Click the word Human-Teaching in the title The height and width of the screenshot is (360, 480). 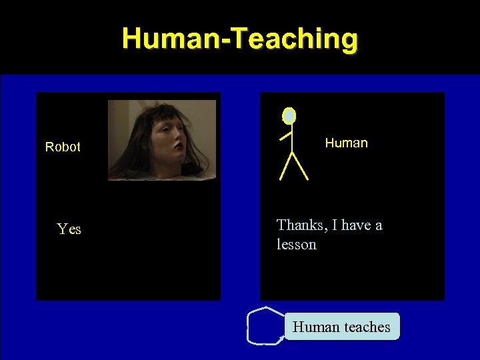click(x=240, y=38)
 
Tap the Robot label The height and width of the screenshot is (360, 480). click(x=63, y=147)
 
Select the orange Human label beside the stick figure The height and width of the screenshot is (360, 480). click(x=346, y=143)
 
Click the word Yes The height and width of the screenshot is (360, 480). click(x=69, y=229)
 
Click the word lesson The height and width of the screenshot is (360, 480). click(x=297, y=245)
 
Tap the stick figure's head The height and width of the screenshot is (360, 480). click(x=289, y=116)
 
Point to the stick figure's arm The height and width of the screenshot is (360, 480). click(x=286, y=136)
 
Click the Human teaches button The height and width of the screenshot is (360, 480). click(x=342, y=327)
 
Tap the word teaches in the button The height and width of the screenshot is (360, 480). click(x=366, y=327)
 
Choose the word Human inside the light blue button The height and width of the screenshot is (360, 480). click(x=316, y=327)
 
